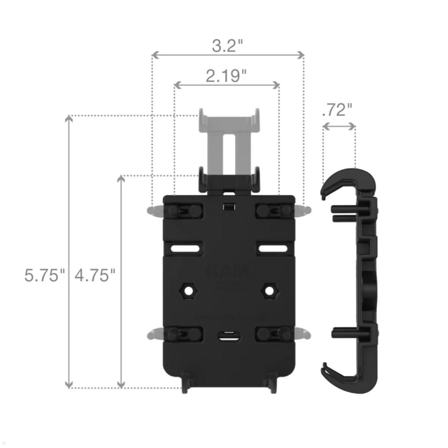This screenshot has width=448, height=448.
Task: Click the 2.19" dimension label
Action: (226, 76)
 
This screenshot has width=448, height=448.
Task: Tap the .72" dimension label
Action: (337, 110)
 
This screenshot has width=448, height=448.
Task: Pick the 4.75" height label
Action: (95, 276)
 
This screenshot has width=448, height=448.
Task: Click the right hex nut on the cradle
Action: (268, 290)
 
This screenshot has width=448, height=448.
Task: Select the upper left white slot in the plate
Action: (185, 248)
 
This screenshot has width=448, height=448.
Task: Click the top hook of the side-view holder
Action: (347, 179)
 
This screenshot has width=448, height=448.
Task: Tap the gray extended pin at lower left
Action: (154, 333)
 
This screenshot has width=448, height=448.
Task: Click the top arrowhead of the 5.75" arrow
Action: (69, 119)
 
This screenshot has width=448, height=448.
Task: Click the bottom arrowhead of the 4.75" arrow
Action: (121, 385)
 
